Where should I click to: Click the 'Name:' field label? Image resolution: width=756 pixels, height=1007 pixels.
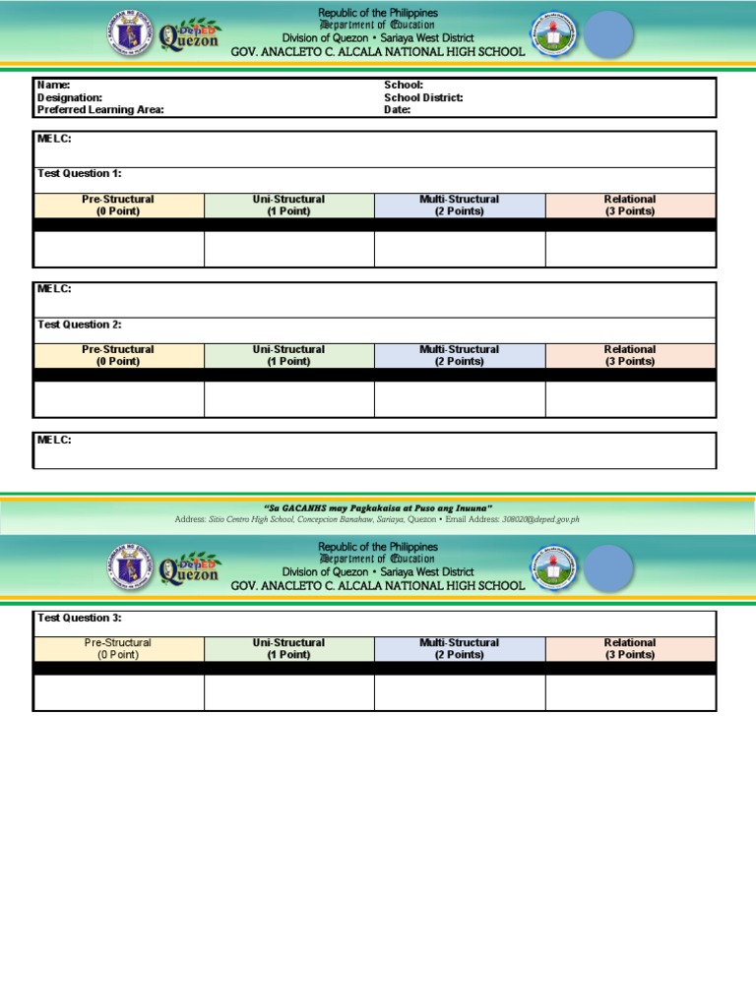[x=53, y=86]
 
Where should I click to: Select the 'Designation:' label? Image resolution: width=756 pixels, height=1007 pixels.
[x=70, y=98]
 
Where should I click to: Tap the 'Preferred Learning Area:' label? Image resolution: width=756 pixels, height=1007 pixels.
[x=100, y=110]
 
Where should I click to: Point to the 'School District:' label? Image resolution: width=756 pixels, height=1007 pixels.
[x=423, y=98]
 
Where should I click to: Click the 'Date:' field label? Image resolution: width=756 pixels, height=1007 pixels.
[x=397, y=110]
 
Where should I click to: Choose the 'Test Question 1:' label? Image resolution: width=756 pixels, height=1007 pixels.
[x=80, y=173]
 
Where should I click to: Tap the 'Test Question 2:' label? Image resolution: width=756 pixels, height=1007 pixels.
[x=80, y=325]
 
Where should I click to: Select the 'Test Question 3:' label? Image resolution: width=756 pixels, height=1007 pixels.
[x=80, y=618]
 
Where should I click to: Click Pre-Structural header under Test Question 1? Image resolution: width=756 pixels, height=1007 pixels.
[x=118, y=205]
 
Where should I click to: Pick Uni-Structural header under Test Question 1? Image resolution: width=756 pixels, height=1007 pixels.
[x=288, y=205]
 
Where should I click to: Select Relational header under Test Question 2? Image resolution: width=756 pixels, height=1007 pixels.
[x=630, y=355]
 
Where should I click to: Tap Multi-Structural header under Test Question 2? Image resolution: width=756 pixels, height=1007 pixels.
[x=459, y=355]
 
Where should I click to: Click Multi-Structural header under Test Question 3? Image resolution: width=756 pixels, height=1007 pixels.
[x=459, y=648]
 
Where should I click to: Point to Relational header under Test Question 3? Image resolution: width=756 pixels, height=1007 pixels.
[x=630, y=648]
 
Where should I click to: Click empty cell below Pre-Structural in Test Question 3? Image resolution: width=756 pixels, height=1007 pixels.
[x=118, y=692]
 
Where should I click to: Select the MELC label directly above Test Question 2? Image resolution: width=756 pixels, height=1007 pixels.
[x=54, y=289]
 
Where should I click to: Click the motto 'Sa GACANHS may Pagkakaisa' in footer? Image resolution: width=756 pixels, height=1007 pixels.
[x=378, y=507]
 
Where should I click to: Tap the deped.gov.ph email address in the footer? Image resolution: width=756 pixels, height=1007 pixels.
[x=540, y=519]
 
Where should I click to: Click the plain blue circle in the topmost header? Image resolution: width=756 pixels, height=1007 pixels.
[x=609, y=35]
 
